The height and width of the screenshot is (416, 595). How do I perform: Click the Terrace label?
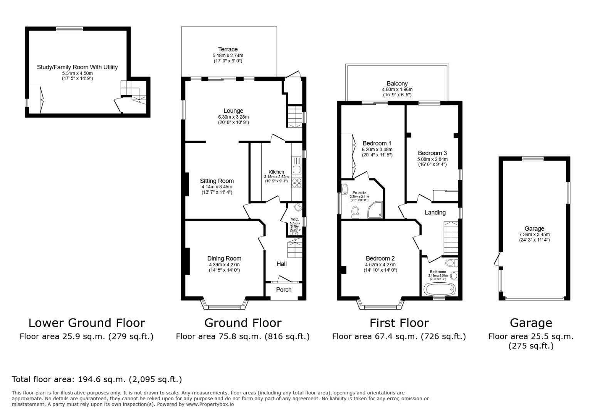[228, 49]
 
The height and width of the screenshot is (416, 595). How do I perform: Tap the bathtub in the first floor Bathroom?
[439, 289]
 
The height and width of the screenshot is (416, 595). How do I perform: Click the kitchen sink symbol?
[296, 165]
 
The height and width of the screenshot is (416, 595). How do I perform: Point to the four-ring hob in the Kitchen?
[297, 183]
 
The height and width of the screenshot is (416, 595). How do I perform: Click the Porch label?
[284, 290]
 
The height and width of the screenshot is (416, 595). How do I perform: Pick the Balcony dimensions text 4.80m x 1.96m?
[397, 89]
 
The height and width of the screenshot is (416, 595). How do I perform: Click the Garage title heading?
[531, 323]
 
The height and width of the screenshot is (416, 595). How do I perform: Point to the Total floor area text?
[97, 379]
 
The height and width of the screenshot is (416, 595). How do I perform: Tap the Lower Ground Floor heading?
[87, 323]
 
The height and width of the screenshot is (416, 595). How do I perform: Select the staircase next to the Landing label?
[450, 238]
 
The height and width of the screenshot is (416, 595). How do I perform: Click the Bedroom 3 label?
[432, 153]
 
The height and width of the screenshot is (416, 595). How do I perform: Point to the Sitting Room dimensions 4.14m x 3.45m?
[217, 187]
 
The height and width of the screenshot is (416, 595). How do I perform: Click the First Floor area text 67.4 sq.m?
[399, 336]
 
